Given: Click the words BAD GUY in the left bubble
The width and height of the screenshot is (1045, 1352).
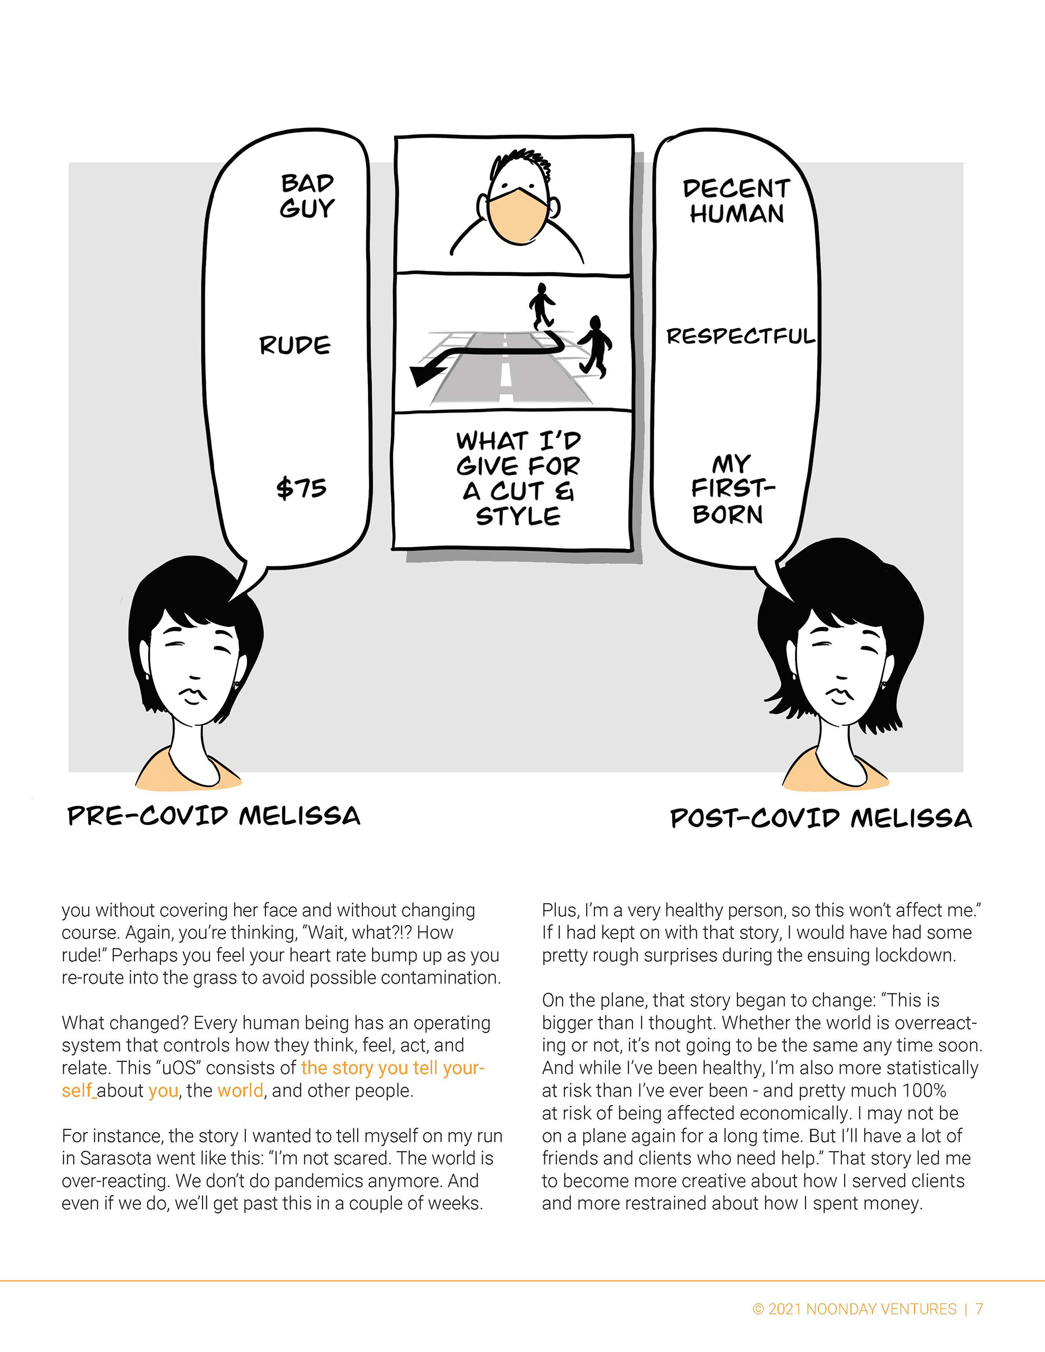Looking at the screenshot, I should point(308,196).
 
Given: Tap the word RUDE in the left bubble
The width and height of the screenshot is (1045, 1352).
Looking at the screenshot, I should point(295,345).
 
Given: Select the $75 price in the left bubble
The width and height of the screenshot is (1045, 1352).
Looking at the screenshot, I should point(301,488).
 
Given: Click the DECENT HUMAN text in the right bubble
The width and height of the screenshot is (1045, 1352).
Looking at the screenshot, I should point(736,201).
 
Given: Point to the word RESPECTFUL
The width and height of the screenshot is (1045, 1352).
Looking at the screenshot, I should point(741,336).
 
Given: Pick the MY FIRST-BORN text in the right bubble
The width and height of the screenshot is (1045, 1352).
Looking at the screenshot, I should point(731,489).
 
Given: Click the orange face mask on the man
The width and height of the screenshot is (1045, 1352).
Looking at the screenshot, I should point(518,214).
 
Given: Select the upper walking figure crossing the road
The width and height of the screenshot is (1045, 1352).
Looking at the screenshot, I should point(542,305).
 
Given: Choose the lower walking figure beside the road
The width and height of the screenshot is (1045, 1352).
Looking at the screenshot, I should point(595,345).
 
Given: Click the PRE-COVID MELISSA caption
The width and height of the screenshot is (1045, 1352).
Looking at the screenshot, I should point(214,816).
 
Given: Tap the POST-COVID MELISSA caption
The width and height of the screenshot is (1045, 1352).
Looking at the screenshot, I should point(821,818).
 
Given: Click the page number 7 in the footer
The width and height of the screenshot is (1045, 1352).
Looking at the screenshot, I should point(979,1308).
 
